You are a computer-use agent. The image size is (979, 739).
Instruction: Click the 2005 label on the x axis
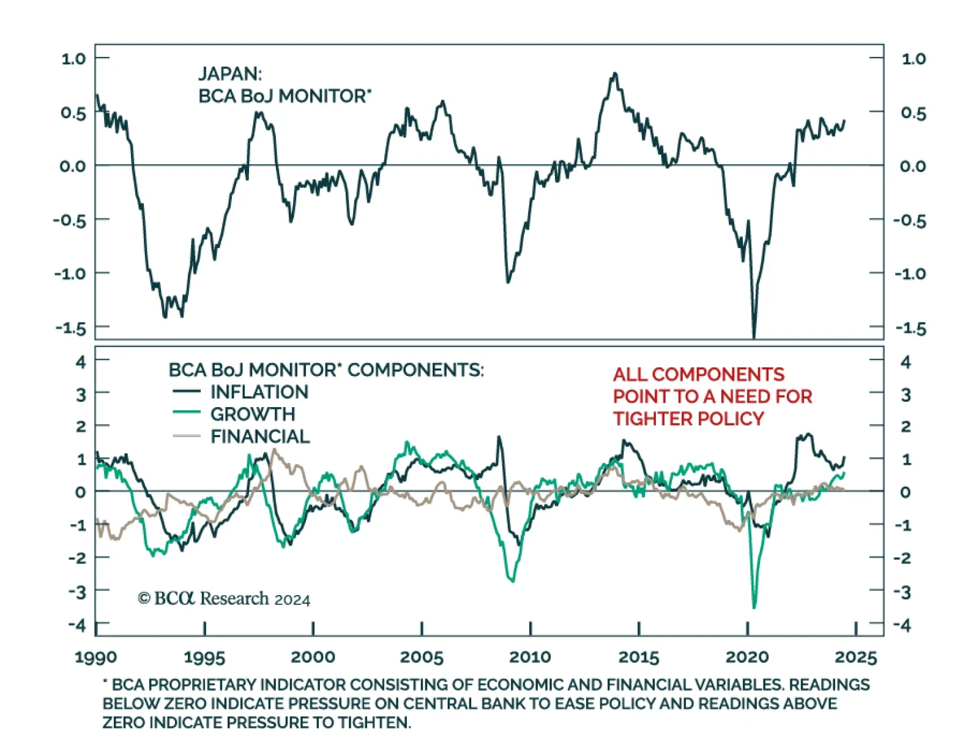(x=422, y=657)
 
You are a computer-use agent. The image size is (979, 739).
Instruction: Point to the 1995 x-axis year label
(x=204, y=657)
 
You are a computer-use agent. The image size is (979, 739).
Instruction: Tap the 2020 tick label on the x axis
(x=747, y=657)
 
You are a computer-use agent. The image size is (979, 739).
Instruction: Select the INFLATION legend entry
(x=259, y=392)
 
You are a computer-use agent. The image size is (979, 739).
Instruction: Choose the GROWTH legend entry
(x=252, y=415)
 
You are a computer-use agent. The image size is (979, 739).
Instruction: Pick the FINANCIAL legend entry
(x=260, y=437)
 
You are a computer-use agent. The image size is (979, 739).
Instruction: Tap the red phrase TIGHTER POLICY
(x=688, y=419)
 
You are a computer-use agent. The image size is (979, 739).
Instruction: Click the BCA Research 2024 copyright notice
(x=224, y=598)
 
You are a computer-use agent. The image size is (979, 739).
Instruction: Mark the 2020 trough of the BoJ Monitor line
(x=754, y=336)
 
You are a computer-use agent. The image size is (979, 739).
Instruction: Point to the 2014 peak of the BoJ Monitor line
(x=615, y=73)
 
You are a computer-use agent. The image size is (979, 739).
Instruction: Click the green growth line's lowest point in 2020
(x=754, y=607)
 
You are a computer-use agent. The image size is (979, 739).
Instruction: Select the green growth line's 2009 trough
(x=512, y=580)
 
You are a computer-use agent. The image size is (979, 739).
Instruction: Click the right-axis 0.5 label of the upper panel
(x=913, y=113)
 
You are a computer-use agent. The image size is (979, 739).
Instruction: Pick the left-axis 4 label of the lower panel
(x=81, y=362)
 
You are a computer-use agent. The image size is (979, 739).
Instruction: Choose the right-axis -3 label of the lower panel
(x=905, y=592)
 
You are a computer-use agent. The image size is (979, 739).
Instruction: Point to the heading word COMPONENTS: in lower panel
(x=415, y=370)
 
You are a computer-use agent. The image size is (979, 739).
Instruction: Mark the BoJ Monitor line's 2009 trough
(x=508, y=282)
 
